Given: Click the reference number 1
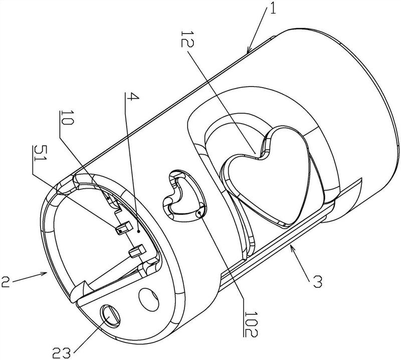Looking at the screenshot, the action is (x=273, y=8).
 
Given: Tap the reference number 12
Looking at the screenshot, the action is (x=187, y=40).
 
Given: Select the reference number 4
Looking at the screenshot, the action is (x=133, y=97).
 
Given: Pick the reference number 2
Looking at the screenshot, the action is (x=6, y=281).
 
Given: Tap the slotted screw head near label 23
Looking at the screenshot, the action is (x=111, y=316).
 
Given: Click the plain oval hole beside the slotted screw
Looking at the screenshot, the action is (x=148, y=299).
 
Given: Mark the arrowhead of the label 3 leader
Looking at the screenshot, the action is (x=292, y=247).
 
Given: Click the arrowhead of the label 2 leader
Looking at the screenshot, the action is (x=44, y=273).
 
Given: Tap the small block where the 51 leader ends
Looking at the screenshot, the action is (x=124, y=228).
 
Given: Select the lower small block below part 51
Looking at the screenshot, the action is (x=137, y=250).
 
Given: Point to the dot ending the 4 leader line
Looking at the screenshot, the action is (x=139, y=231).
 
